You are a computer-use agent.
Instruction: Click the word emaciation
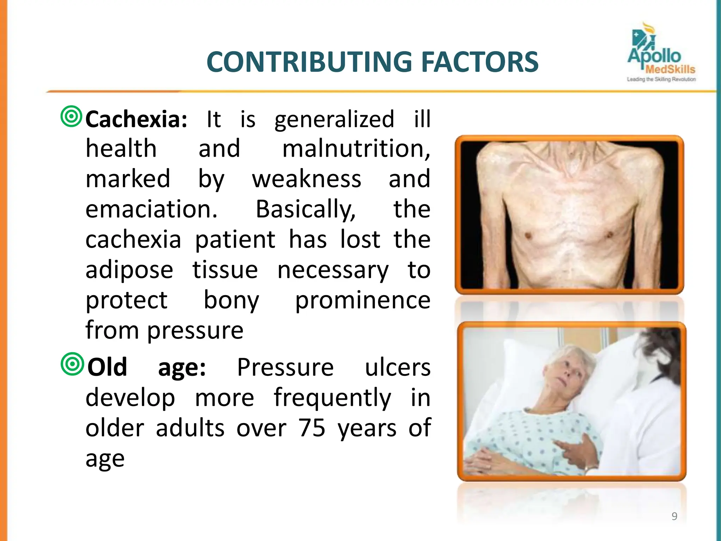pos(151,209)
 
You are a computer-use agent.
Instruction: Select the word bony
pos(231,301)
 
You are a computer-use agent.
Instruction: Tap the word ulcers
pos(397,367)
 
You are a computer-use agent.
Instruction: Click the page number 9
pos(674,516)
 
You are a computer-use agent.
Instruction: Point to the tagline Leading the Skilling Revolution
pos(661,80)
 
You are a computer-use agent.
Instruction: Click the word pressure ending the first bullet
pos(195,331)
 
